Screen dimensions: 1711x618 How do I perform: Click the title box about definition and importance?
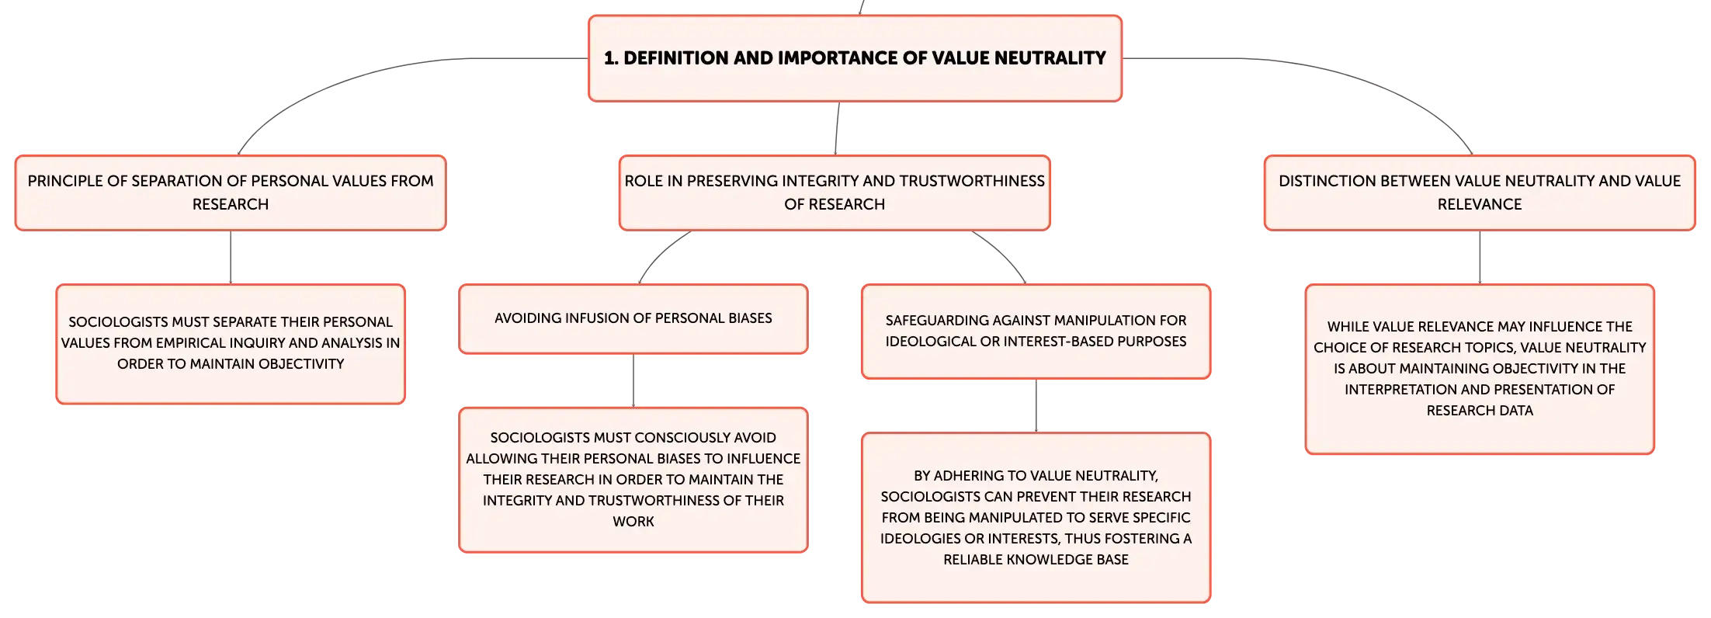pos(855,58)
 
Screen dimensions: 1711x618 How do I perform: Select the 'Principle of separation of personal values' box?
pos(231,193)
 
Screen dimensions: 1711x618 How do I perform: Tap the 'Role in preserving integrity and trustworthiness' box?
pos(835,193)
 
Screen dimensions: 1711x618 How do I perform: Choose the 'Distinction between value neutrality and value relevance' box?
pos(1480,193)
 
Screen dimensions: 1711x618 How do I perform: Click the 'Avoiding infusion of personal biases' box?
pos(633,319)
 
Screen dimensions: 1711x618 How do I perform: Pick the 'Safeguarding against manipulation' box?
pos(1036,332)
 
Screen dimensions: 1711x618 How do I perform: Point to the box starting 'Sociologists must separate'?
pos(231,344)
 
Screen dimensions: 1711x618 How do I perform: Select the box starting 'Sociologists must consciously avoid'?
pos(633,480)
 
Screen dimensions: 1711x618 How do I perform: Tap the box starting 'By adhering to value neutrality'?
pos(1036,518)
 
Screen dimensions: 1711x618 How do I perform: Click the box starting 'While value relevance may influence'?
pos(1480,369)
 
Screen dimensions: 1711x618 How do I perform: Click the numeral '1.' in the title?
pos(611,58)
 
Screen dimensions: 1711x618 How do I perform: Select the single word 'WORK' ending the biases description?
pos(633,522)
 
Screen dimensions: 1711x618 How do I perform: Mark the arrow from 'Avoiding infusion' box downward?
pos(633,380)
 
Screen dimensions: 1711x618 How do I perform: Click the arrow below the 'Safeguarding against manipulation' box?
pos(1036,405)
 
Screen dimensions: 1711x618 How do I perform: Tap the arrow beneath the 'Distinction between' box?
pos(1480,257)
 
